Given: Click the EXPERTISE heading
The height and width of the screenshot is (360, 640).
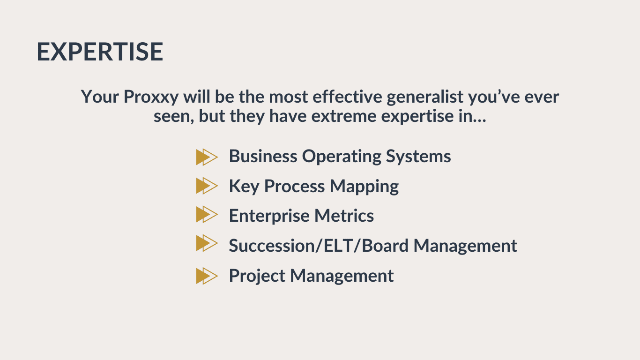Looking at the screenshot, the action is click(100, 52).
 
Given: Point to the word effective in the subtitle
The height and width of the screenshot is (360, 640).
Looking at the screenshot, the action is click(347, 97).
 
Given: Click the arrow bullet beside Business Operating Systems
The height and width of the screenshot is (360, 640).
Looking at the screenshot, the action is click(207, 157).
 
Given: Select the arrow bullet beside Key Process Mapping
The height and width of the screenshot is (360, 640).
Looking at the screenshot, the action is click(207, 186).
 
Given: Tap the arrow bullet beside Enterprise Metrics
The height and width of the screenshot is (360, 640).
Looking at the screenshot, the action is click(207, 214).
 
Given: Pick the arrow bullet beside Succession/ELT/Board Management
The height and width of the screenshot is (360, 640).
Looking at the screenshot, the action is click(207, 243).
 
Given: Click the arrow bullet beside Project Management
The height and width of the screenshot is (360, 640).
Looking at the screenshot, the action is click(207, 276).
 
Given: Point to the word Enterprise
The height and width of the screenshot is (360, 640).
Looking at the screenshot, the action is click(269, 217).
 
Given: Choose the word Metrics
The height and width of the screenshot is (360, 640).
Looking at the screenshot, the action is click(344, 216).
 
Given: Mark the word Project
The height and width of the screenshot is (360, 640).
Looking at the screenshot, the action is click(257, 277).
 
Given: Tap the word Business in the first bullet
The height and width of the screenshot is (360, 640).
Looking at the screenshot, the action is click(263, 157).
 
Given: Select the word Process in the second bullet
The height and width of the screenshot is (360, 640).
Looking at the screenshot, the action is click(294, 187).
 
